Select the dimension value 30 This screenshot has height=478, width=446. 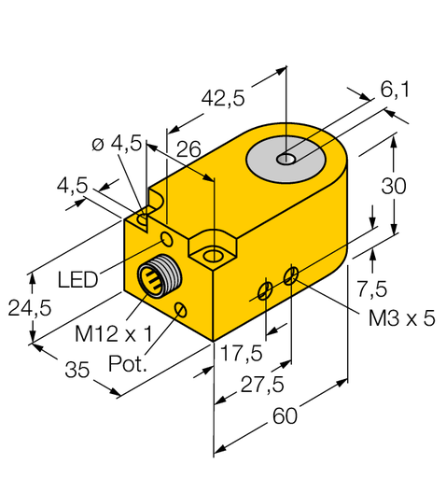395,186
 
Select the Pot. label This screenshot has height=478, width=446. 129,363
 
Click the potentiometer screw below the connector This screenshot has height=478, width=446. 181,309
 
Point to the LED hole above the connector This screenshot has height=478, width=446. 168,241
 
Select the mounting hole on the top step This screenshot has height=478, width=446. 214,254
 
